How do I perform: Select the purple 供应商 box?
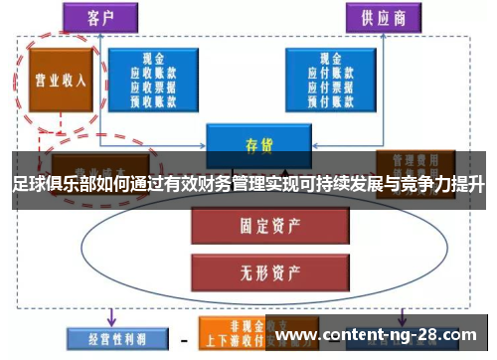click(381, 17)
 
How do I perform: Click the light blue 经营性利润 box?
click(106, 338)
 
